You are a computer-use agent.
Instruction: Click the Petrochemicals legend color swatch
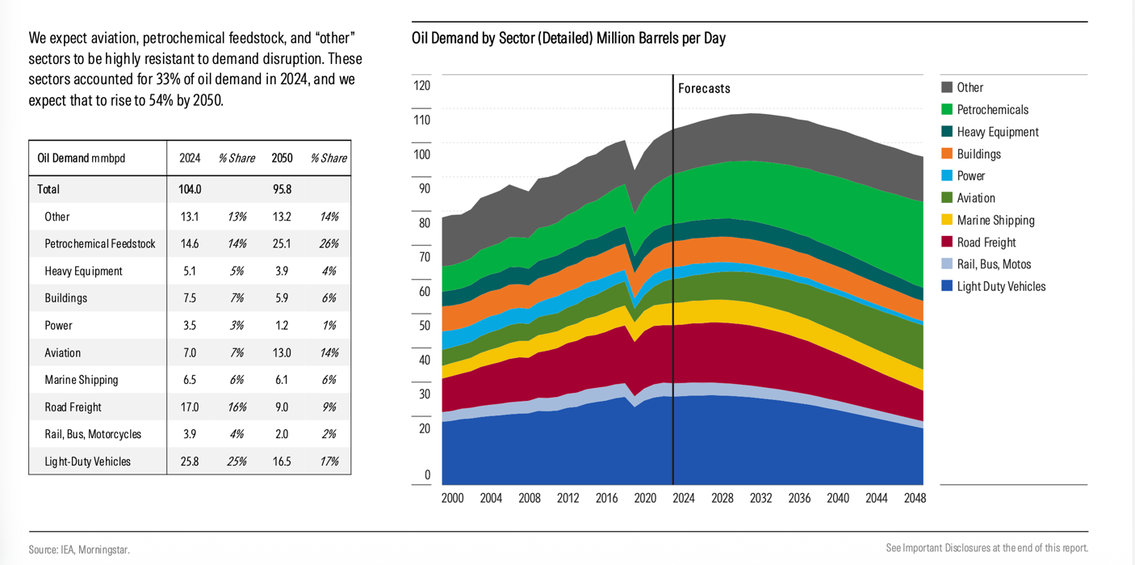tap(947, 109)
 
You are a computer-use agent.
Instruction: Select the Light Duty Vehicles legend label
tap(1001, 286)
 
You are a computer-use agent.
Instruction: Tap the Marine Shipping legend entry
tap(995, 220)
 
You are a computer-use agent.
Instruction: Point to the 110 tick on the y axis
tap(422, 120)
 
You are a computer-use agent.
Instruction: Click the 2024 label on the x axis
tap(684, 498)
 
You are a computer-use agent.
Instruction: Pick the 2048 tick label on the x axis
tap(915, 498)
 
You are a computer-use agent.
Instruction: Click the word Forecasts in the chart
tap(704, 89)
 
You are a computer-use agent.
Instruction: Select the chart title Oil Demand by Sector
tap(568, 38)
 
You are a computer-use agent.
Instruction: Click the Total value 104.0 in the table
tap(190, 189)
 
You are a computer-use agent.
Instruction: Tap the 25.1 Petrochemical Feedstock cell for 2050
tap(282, 243)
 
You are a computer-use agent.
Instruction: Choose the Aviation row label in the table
tap(63, 352)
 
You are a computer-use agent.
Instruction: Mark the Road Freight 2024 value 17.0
tap(190, 407)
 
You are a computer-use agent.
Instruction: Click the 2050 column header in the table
tap(282, 158)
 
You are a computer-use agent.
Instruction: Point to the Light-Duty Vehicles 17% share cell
tap(329, 462)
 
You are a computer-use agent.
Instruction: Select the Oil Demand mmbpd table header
tap(82, 158)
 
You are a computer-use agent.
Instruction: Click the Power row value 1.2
tap(282, 326)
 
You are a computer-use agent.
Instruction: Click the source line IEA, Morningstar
tap(79, 550)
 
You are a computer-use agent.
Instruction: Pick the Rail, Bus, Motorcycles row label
tap(93, 434)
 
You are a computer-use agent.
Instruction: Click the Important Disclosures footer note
tap(986, 548)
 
